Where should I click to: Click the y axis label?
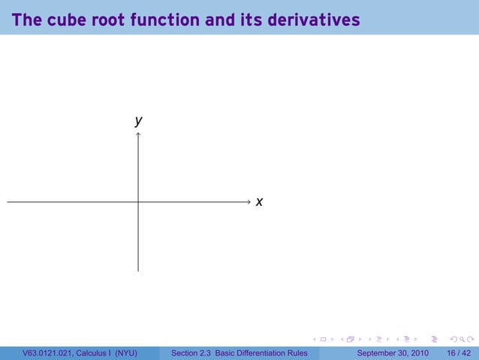[139, 120]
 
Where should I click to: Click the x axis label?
[259, 202]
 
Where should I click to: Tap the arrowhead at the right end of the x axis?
[248, 201]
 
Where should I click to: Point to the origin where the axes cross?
[138, 201]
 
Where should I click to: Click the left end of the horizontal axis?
[8, 201]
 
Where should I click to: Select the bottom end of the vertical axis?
[138, 271]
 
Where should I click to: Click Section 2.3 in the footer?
[190, 353]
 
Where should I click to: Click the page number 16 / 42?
[459, 353]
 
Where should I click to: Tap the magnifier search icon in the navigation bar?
[459, 339]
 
